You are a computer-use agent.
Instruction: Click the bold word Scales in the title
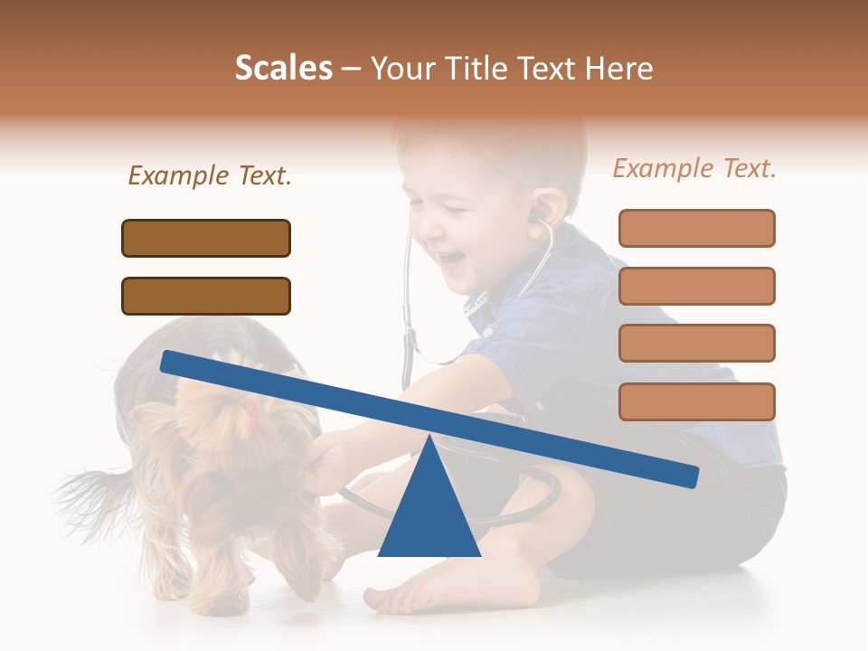coord(283,68)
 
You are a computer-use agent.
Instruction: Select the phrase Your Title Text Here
coord(512,68)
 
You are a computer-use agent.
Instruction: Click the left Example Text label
coord(210,175)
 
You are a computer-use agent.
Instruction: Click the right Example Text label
coord(694,168)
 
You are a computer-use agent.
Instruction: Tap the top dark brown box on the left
coord(206,238)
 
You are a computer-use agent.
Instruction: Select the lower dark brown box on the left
coord(206,296)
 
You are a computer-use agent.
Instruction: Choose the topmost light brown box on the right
coord(696,228)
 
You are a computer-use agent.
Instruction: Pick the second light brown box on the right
coord(696,286)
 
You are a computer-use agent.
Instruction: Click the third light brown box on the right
coord(696,343)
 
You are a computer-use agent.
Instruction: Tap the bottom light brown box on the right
coord(696,401)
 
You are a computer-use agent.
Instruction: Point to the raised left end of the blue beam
coord(172,361)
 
